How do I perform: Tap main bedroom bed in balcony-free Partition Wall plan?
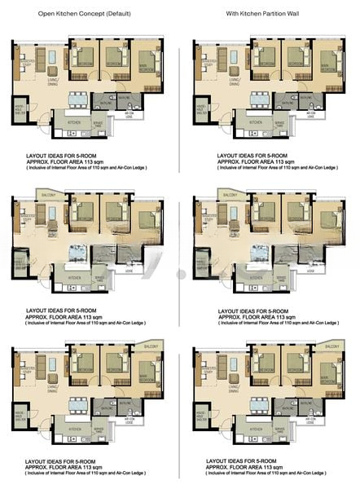tap(327, 64)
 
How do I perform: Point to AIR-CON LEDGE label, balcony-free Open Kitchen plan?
tap(128, 116)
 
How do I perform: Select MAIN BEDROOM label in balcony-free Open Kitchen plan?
tap(147, 71)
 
